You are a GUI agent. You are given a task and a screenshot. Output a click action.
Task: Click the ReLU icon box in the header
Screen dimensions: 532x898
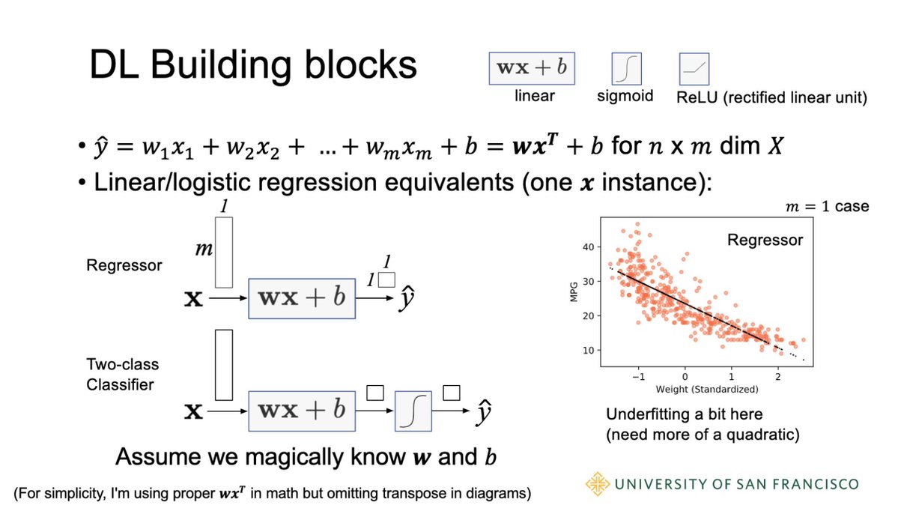click(694, 70)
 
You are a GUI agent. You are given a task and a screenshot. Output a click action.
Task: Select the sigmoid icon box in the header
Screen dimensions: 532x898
click(628, 70)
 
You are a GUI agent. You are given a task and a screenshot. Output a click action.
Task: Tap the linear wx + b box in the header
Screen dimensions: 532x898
click(533, 69)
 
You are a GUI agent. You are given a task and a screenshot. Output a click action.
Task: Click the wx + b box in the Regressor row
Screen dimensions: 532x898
click(302, 297)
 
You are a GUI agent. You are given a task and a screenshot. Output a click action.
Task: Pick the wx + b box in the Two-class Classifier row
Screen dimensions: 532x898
click(302, 410)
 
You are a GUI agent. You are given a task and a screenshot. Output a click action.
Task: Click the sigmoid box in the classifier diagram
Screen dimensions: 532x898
click(413, 410)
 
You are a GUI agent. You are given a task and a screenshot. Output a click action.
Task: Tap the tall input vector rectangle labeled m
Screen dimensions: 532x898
click(223, 253)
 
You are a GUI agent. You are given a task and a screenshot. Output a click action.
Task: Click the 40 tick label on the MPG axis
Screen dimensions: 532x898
click(587, 247)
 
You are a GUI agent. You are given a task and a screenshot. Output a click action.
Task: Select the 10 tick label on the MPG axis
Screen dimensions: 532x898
click(587, 351)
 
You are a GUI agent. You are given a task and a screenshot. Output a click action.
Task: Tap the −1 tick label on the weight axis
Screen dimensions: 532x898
click(636, 376)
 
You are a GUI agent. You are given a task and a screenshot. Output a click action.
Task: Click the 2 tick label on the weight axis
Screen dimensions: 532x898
click(778, 376)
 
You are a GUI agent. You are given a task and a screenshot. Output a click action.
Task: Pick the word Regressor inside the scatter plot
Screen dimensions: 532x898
click(765, 241)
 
